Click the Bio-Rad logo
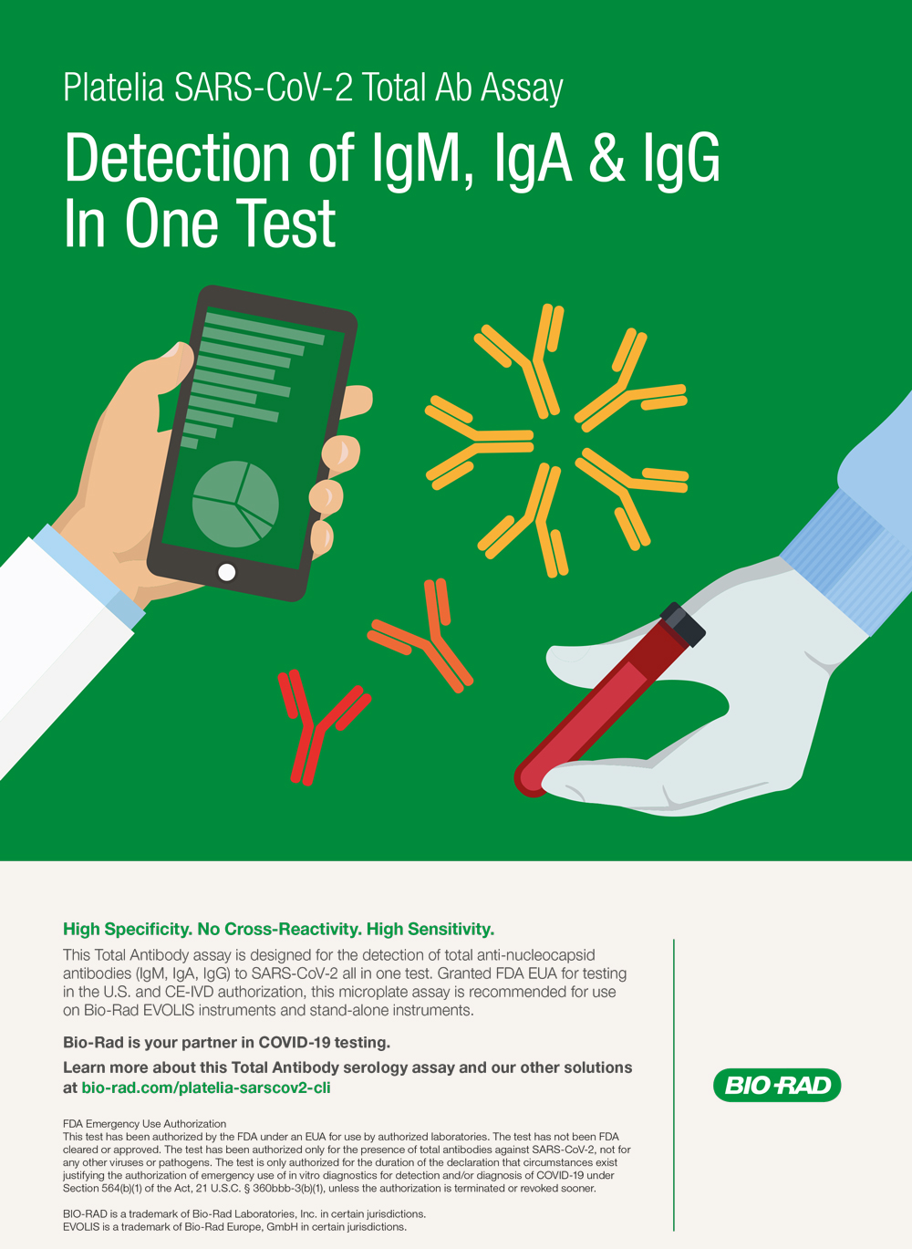coord(777,1085)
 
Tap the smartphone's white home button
coord(226,572)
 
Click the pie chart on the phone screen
coord(235,504)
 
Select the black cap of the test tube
coord(683,624)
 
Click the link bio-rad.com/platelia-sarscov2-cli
coord(206,1088)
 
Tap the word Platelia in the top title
coord(114,88)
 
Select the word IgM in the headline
coord(422,160)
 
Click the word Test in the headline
coord(285,223)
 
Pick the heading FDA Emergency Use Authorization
coord(144,1123)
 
